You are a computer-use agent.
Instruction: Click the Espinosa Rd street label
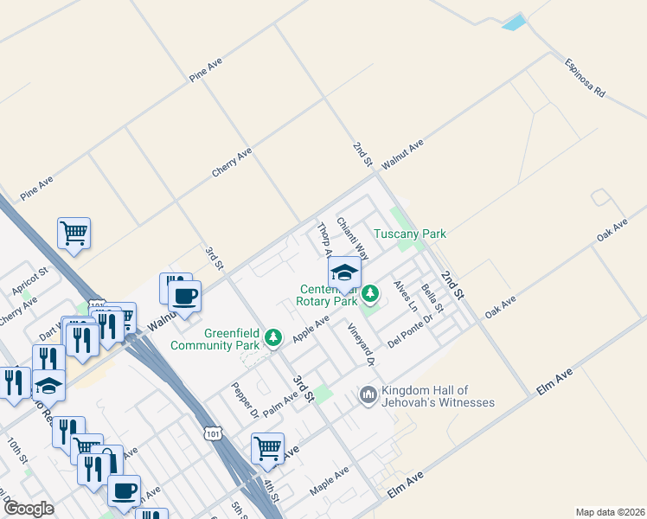(585, 78)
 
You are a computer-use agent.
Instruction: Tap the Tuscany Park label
(409, 234)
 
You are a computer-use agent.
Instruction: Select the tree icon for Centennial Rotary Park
(371, 294)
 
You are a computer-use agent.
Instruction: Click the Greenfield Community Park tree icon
(274, 337)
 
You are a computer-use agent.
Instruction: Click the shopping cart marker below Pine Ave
(74, 232)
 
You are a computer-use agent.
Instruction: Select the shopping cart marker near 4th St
(268, 448)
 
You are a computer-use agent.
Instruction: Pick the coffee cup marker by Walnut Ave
(185, 296)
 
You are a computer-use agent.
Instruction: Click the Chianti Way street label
(353, 239)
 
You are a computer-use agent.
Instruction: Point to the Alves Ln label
(405, 296)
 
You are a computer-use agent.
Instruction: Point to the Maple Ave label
(329, 481)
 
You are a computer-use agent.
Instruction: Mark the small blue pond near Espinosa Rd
(514, 22)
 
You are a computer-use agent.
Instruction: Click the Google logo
(29, 509)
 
